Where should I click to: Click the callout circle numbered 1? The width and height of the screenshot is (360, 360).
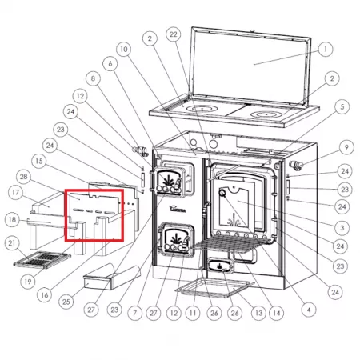coord(326,49)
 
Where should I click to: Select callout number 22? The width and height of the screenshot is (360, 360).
coord(174,34)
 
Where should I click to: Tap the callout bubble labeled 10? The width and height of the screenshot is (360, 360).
coord(124,50)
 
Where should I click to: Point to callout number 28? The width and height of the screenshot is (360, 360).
coord(23,177)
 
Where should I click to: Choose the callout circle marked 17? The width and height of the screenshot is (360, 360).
coord(15,192)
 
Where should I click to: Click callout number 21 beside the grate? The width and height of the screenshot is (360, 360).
coord(12,243)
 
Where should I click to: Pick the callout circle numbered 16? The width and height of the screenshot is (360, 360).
coord(45,295)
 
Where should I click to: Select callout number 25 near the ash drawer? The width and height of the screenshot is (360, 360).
coord(66,302)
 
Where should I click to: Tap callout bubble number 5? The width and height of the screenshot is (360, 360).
coord(342,107)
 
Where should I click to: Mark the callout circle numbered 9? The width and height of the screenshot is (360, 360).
coord(346,147)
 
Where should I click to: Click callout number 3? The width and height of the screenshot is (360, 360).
coord(342,228)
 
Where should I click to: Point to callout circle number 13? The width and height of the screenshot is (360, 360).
coord(258,313)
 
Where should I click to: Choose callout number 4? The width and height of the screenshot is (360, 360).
coord(309,310)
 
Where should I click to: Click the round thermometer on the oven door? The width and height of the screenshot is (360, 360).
coord(222,193)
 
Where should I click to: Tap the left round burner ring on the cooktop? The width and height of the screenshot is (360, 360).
coord(202,109)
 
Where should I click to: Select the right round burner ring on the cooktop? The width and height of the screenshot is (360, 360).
coord(266,114)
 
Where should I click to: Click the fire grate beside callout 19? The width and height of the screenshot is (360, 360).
coord(42,259)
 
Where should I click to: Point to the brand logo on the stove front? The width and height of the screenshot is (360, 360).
coord(178,209)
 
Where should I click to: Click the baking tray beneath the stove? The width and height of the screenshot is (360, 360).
coord(215,288)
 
